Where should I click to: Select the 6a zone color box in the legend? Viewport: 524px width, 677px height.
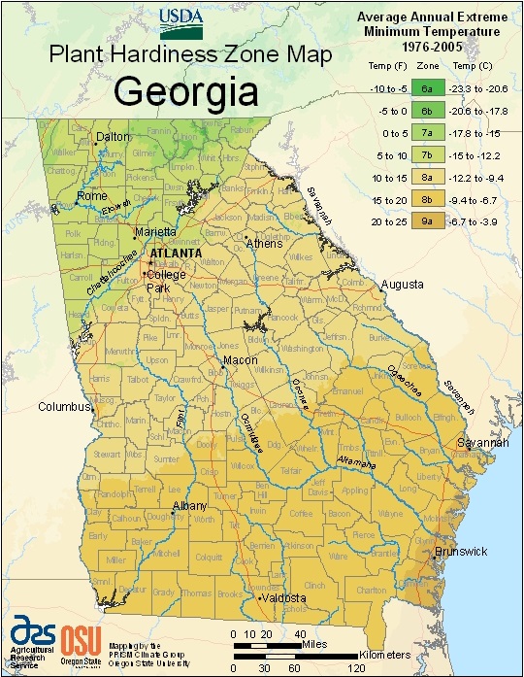426,86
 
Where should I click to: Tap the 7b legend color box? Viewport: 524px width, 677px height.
426,153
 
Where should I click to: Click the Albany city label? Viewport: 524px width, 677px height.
189,507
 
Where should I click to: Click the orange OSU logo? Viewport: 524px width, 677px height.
77,640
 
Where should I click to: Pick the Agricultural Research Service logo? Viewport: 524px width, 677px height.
33,638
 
